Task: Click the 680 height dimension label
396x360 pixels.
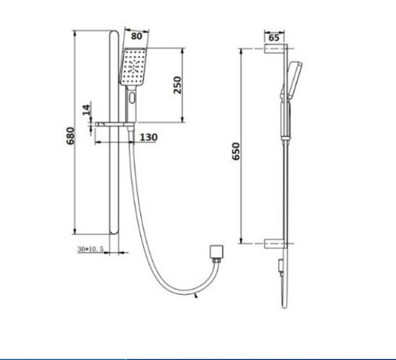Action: coord(70,136)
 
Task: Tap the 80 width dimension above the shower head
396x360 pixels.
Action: coord(136,36)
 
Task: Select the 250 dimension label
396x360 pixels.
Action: coord(178,85)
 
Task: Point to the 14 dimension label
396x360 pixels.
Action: coord(86,110)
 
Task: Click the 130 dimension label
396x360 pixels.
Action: coord(148,137)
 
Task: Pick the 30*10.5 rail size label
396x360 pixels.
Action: coord(90,249)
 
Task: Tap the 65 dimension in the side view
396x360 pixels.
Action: coord(274,37)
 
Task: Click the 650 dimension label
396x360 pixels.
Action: coord(236,151)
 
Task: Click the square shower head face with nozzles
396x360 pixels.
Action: coord(133,67)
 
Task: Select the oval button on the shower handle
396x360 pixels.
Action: coord(132,98)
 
